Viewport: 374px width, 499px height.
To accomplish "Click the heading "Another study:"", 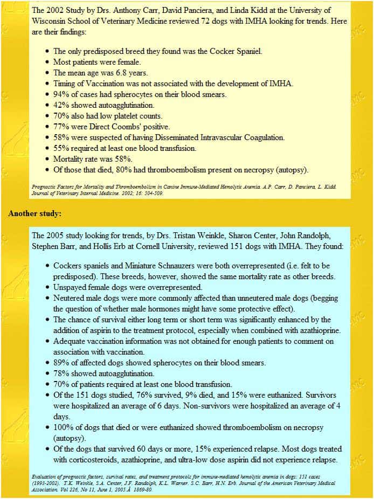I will (x=34, y=213).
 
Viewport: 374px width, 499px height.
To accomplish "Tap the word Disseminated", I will (x=171, y=137).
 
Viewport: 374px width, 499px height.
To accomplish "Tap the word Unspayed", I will (x=71, y=287).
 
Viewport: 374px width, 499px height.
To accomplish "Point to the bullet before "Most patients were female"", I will (x=47, y=62).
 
